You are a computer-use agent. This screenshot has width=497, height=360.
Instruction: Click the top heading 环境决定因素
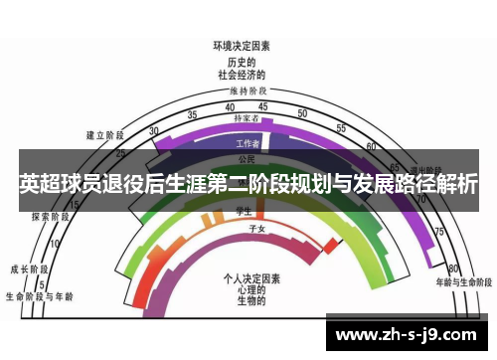coord(243,45)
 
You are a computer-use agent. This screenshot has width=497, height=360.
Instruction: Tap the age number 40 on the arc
coord(230,106)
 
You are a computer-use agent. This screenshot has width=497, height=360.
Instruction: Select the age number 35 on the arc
coord(193,113)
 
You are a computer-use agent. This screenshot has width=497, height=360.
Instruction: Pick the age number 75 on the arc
coord(437,232)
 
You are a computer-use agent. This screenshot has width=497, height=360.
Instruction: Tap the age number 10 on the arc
coord(55,243)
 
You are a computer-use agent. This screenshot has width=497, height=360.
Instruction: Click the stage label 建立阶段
coord(103,134)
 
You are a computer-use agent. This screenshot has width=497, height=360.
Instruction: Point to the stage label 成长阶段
coord(28,269)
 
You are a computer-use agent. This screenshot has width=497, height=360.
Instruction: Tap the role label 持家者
coord(246,118)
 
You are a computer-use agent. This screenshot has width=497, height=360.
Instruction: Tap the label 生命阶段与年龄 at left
coord(38,295)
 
